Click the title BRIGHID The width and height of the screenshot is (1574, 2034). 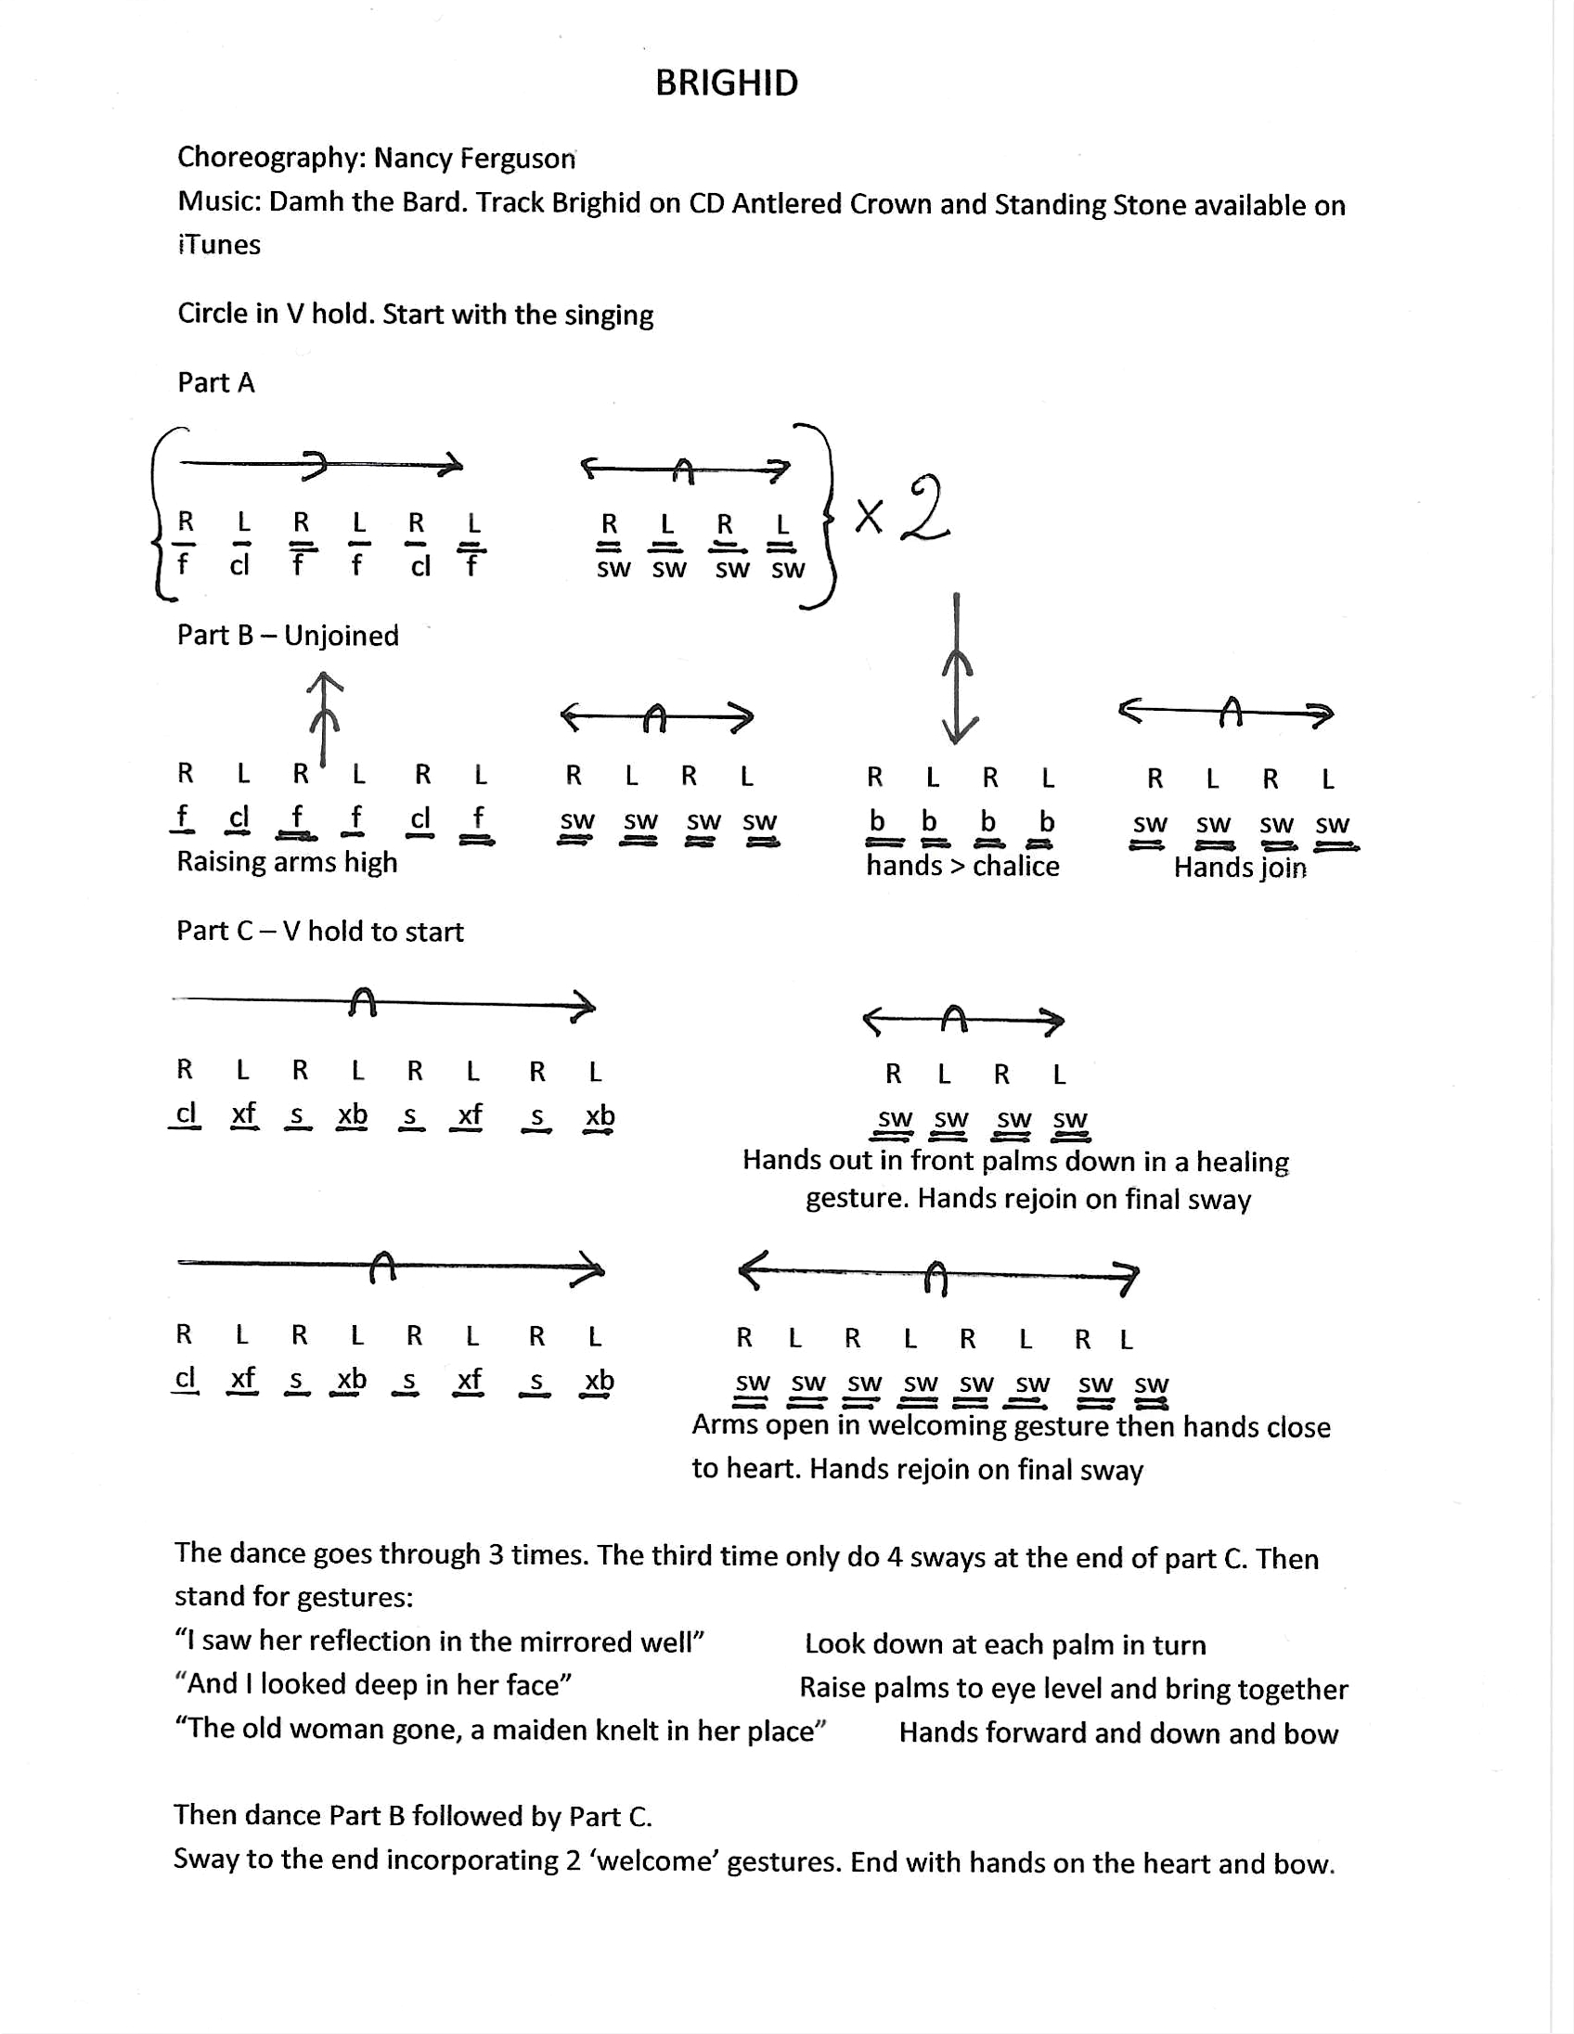tap(727, 83)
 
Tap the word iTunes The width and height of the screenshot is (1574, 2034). tap(219, 244)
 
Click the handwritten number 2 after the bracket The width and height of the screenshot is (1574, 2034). tap(926, 509)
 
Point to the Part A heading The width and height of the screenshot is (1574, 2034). tap(215, 383)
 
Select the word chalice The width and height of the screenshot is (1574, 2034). tap(1015, 866)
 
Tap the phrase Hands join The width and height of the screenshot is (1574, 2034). tap(1239, 867)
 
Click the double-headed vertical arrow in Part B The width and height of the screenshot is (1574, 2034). tap(957, 668)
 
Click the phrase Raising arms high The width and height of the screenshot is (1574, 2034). tap(287, 862)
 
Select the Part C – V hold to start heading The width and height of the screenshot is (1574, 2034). tap(319, 932)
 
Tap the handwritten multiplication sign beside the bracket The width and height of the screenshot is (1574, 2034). tap(868, 515)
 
